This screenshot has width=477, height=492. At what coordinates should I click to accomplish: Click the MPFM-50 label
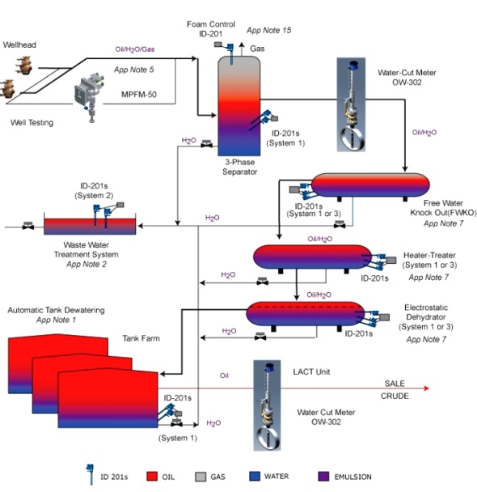coord(139,95)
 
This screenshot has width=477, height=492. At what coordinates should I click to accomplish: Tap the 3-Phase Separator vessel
coord(239,106)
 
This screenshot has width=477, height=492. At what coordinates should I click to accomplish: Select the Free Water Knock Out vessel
coord(370,184)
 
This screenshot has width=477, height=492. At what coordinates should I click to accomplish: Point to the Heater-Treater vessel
coord(312,257)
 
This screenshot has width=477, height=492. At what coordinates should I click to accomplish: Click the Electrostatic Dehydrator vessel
coord(306,314)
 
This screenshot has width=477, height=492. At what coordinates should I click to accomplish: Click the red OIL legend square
coord(152,477)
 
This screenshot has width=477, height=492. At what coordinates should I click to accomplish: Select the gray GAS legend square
coord(201,477)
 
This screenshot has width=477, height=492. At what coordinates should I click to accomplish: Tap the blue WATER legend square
coord(255,476)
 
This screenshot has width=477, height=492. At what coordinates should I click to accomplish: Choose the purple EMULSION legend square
coord(323,477)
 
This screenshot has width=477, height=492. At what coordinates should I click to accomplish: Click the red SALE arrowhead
coord(426,388)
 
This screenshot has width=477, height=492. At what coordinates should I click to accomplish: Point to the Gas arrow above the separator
coord(242,49)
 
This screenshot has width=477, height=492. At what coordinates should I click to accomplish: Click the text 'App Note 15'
coord(268,30)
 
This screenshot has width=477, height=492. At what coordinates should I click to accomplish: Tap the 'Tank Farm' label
coord(141,338)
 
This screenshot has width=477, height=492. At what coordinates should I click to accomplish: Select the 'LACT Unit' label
coord(311,371)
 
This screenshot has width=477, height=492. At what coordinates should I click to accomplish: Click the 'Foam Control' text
coord(211,24)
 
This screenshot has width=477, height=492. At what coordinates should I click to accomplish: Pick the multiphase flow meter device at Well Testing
coord(89,96)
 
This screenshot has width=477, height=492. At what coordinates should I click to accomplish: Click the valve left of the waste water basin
coord(28,225)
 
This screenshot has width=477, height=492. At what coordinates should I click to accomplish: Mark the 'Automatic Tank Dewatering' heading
coord(56,310)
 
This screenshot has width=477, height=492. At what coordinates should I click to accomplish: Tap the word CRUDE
coord(395,396)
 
